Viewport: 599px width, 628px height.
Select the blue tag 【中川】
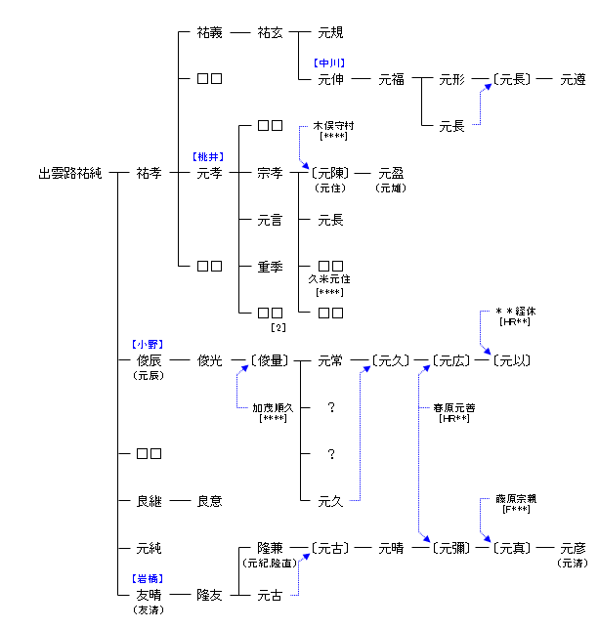(329, 63)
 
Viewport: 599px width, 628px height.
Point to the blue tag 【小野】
(148, 344)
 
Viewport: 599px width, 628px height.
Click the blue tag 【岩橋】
(148, 579)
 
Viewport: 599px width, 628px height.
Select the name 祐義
(209, 32)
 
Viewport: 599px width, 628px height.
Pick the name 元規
(330, 32)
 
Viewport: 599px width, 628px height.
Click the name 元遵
(573, 79)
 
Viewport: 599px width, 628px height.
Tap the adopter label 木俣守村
(333, 126)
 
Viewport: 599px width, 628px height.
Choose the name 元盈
(391, 173)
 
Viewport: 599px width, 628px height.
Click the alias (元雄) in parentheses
(391, 188)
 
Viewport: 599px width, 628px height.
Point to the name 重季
(270, 267)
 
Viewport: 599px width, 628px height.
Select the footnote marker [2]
(277, 326)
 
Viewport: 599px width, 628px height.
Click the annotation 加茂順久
(270, 407)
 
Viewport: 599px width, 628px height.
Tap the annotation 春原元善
(451, 407)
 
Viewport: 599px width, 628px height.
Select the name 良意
(209, 501)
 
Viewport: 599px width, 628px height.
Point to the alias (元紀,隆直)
(270, 564)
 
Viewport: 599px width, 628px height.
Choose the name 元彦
(573, 548)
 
